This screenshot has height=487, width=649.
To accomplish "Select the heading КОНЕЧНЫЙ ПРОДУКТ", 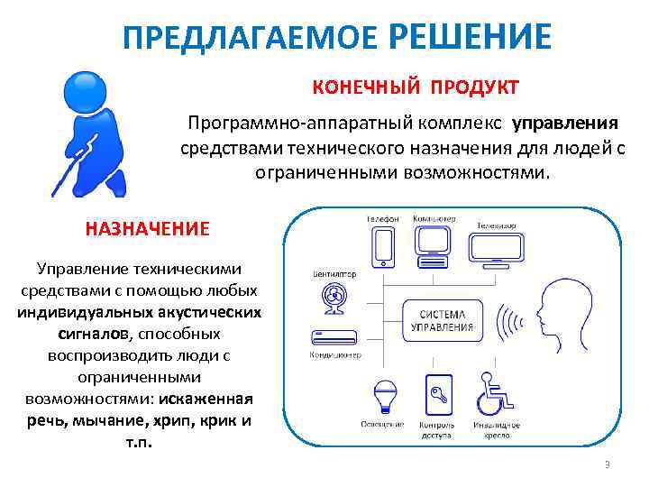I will coord(416,87).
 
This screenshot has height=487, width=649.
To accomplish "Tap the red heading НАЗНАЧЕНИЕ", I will coord(147,228).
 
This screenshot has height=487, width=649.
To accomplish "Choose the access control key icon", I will coord(437,394).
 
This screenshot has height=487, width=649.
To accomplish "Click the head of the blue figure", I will coord(86,88).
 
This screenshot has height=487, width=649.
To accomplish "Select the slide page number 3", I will coord(608,464).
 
